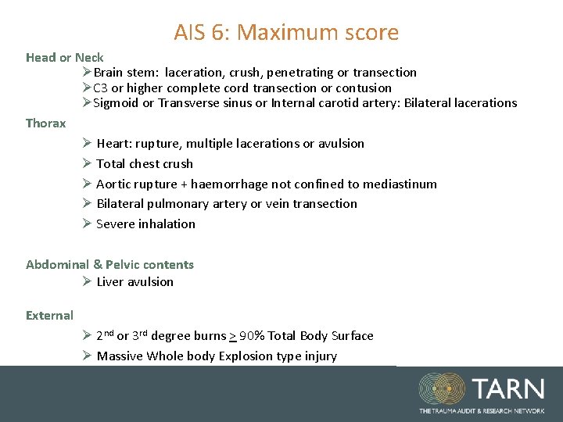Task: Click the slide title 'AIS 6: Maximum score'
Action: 286,33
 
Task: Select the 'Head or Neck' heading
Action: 64,58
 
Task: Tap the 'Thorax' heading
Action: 46,123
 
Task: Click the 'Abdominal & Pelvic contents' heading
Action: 109,264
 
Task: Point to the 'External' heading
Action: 49,316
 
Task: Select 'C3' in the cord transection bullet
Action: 101,88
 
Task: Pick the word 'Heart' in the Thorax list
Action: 113,144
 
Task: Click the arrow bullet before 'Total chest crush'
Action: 87,164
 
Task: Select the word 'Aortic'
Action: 115,184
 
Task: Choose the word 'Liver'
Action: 111,282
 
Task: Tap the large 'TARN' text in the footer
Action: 508,388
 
